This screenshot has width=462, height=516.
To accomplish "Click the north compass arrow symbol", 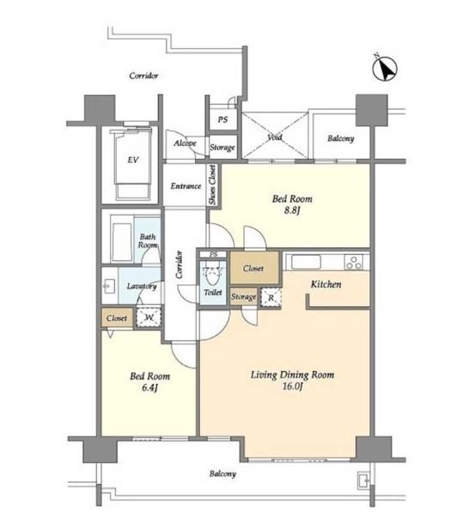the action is click(x=385, y=68).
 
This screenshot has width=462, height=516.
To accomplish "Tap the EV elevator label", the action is click(x=132, y=160).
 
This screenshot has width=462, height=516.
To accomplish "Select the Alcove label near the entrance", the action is click(x=185, y=143).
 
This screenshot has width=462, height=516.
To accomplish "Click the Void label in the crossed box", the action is click(x=275, y=137).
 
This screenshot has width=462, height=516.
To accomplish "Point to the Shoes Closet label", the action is click(x=213, y=185).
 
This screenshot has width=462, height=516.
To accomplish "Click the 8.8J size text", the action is click(x=292, y=210).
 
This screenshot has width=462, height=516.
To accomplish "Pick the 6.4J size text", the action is click(x=150, y=388).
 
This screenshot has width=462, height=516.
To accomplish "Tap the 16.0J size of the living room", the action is click(x=293, y=386).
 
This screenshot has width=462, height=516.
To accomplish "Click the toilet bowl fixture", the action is click(x=213, y=275).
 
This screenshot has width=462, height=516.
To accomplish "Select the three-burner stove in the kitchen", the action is click(x=354, y=262).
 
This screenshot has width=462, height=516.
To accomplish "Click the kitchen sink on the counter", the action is click(x=306, y=262).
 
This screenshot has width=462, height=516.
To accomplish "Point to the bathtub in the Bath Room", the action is click(x=121, y=242).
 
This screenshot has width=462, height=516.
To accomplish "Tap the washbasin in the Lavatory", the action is click(x=108, y=286).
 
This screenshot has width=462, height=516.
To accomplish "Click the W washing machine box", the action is click(x=149, y=318).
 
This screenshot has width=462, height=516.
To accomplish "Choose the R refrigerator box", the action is click(x=271, y=298).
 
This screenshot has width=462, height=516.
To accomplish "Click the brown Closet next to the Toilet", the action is click(x=254, y=268).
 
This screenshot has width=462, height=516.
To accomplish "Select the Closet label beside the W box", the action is click(x=117, y=319).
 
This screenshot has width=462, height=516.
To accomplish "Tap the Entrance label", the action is click(x=185, y=186).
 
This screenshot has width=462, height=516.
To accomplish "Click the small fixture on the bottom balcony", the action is click(x=363, y=481).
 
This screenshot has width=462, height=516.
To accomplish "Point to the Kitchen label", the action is click(x=325, y=284).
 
